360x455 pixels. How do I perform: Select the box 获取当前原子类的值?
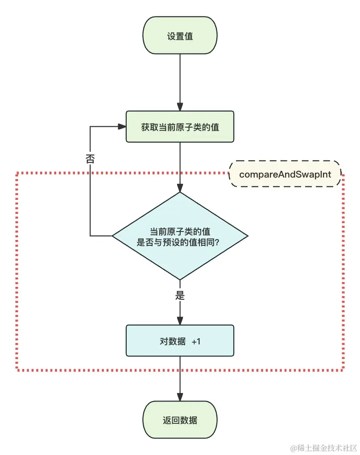pos(180,127)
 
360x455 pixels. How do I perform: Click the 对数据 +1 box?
pos(180,340)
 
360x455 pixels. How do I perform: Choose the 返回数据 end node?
pos(180,420)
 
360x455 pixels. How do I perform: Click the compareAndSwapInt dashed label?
pos(285,174)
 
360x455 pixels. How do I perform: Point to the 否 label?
pos(90,159)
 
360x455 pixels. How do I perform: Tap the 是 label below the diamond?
pos(180,295)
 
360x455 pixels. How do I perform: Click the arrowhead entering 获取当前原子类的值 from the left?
pos(122,127)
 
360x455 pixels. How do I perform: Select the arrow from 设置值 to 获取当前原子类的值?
pos(180,80)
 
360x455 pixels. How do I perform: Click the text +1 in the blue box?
pos(196,341)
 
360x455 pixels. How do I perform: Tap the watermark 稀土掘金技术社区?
pos(325,447)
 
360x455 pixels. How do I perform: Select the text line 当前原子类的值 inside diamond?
pos(180,232)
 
